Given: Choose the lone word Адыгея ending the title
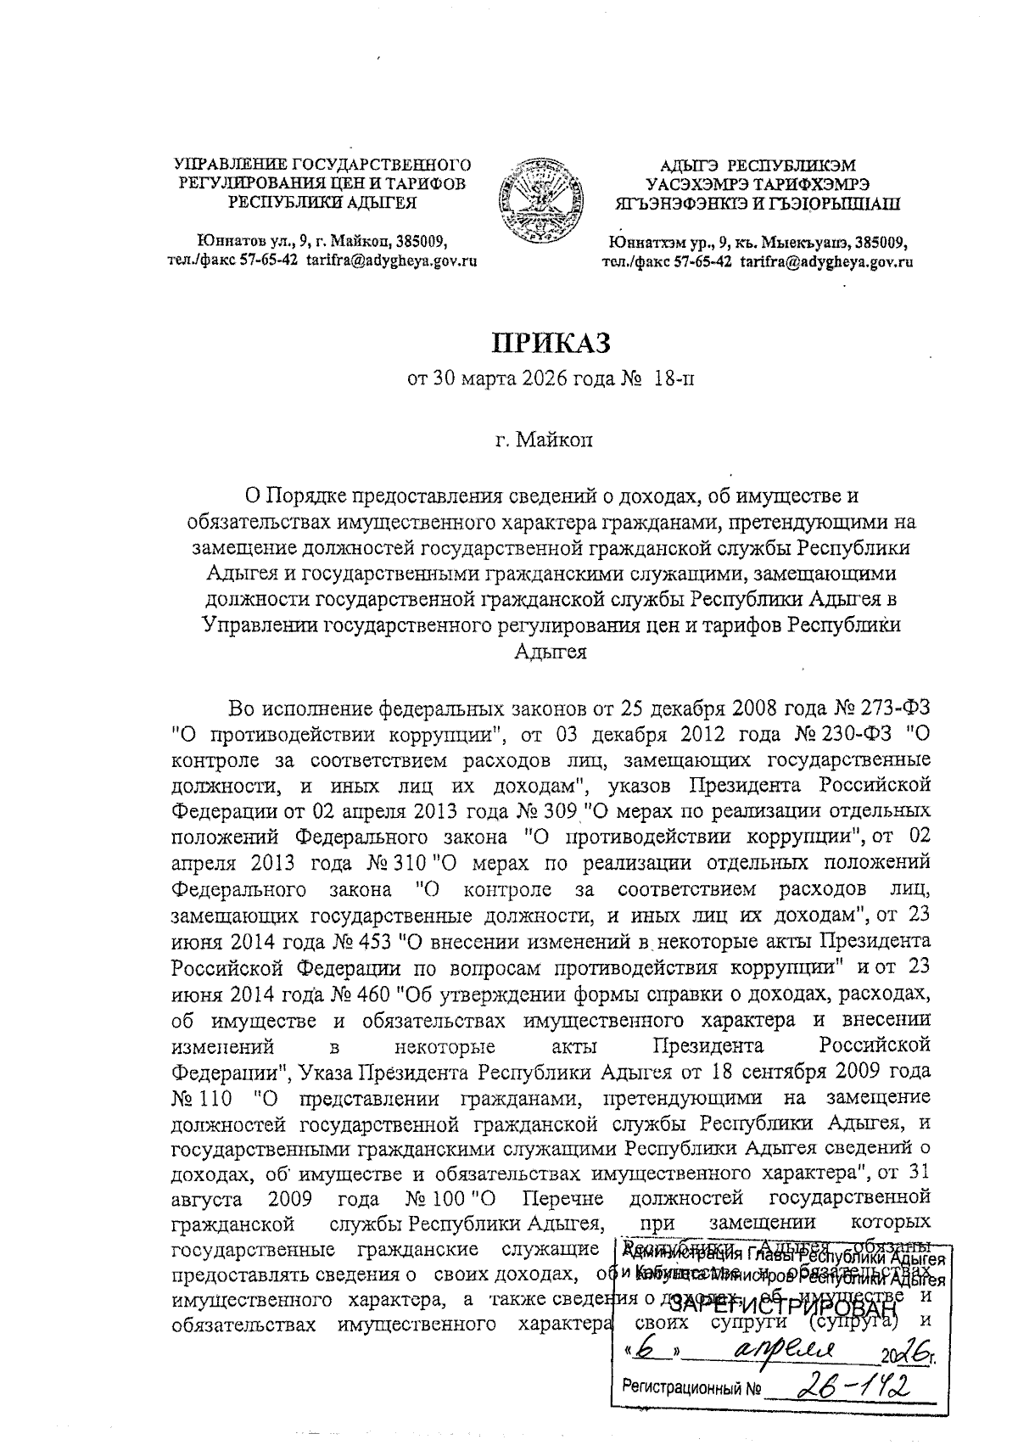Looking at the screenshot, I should point(551,652).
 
